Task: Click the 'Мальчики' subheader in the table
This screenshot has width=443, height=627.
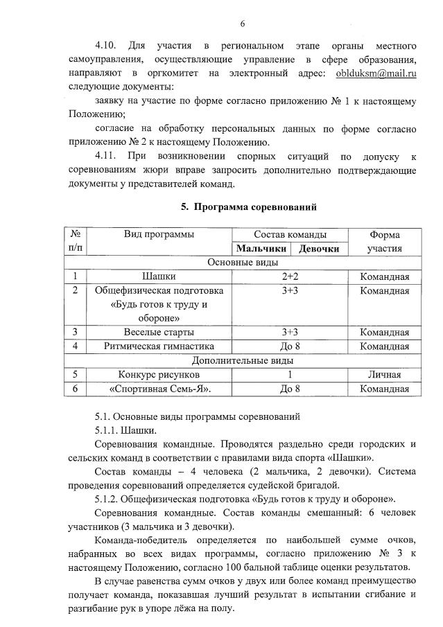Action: click(261, 248)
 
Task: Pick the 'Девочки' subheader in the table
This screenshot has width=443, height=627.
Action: click(319, 248)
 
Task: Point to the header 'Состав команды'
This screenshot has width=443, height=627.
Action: click(290, 234)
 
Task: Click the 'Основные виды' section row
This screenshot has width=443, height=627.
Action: click(243, 263)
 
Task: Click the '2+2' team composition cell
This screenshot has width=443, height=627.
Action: click(290, 277)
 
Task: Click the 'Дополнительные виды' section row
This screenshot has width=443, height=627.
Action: click(243, 360)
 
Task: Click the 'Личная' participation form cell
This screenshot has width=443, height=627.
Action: click(384, 375)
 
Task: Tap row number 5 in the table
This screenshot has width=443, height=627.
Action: click(74, 375)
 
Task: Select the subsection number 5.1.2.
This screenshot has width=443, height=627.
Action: click(109, 498)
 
